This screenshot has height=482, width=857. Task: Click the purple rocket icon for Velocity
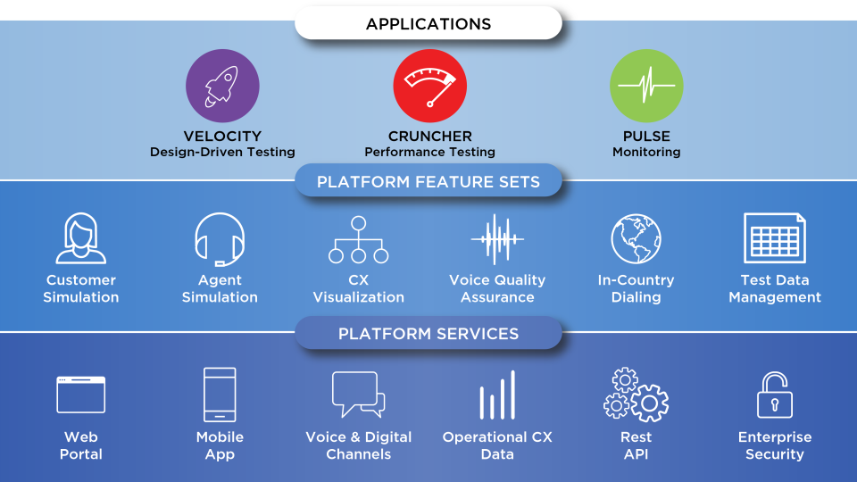(222, 87)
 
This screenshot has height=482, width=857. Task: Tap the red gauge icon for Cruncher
(429, 86)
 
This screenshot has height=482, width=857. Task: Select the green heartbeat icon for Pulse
(646, 86)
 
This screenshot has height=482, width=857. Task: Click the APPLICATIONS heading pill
(428, 24)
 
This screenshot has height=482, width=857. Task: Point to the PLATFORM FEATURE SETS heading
(428, 182)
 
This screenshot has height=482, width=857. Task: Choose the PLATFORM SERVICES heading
(428, 334)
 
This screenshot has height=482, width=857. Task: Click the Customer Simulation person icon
(81, 238)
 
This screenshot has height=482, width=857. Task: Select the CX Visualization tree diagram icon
(359, 240)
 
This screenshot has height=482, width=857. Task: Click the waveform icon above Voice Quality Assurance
(497, 239)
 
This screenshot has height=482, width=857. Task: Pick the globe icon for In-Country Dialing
(636, 238)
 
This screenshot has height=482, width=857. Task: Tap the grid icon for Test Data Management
(775, 238)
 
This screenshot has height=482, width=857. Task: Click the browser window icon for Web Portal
(81, 395)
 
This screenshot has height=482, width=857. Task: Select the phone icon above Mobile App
(220, 395)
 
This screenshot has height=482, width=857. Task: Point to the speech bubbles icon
(358, 395)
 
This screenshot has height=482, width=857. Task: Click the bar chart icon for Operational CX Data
(497, 395)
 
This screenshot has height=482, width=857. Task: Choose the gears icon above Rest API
(636, 395)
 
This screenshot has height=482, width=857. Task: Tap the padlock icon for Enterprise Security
(774, 395)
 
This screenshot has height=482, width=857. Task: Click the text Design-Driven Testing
(222, 153)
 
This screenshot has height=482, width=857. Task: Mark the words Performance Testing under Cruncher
(429, 153)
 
